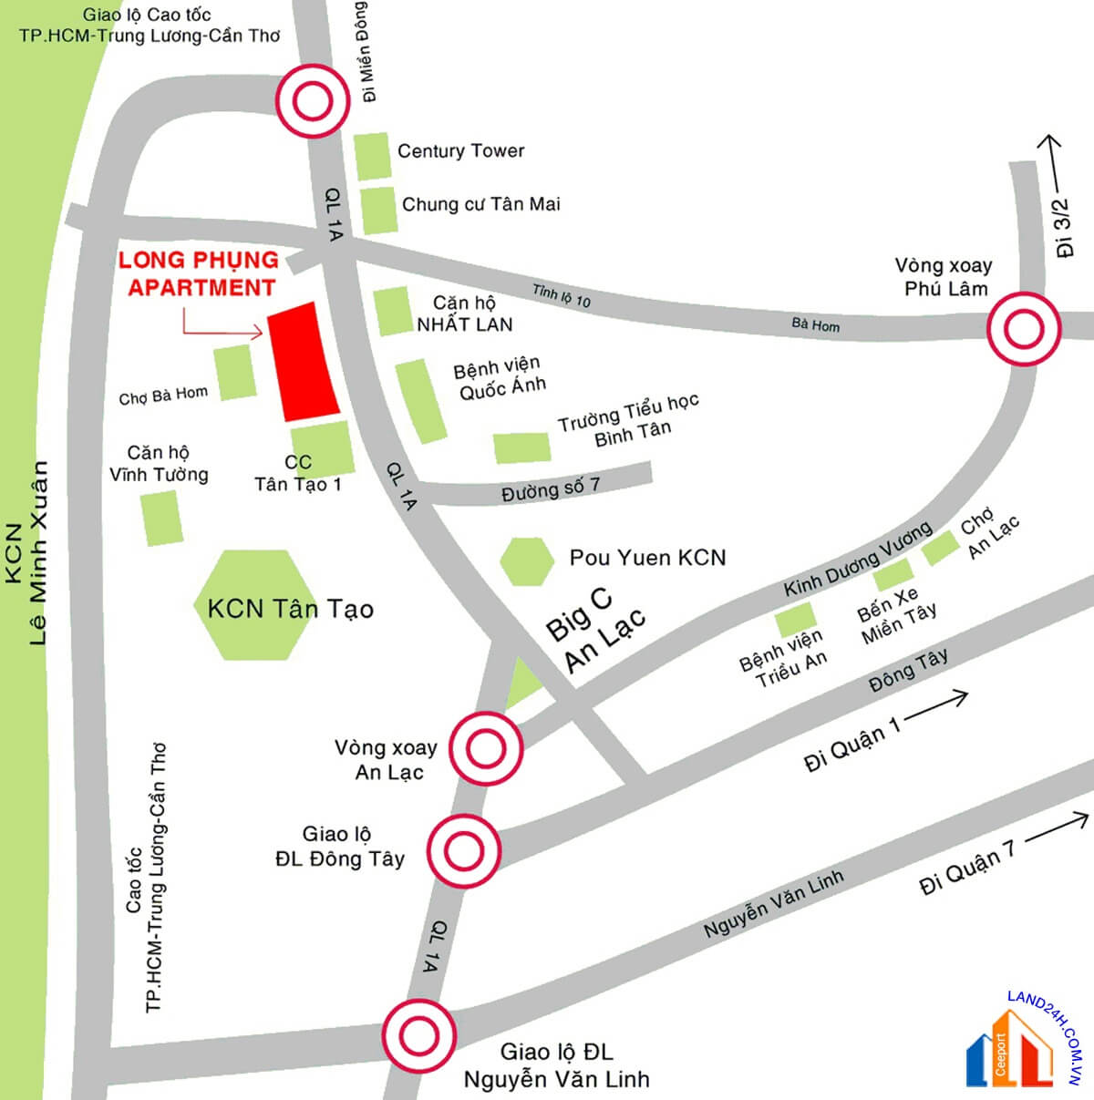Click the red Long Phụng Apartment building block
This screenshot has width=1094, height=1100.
304,361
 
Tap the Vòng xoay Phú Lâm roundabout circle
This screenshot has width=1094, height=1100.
1024,329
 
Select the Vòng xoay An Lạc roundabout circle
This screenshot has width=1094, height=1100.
485,749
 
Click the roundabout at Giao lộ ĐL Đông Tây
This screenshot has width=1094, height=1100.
464,852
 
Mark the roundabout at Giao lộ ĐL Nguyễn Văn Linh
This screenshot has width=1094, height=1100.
419,1035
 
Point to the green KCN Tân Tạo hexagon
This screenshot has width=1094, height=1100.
251,605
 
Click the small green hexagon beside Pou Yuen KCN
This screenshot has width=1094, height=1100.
527,561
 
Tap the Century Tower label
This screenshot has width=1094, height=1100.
460,151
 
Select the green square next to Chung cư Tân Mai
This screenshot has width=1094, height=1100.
377,211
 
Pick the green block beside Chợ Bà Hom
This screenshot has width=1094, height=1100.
236,371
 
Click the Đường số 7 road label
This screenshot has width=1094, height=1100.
551,488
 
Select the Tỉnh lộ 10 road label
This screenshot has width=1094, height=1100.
562,295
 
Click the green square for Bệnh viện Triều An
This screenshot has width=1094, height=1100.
792,622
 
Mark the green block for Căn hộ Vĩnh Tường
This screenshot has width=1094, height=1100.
161,518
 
